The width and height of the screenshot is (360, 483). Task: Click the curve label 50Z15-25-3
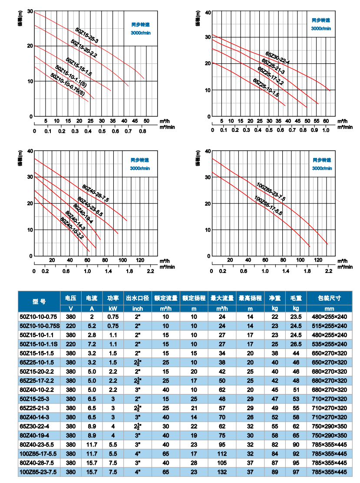(87, 36)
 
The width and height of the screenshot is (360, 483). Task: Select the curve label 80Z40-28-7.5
(96, 193)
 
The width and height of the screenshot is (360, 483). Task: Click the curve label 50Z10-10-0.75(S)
(67, 84)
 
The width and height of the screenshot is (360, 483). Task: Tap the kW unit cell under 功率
(113, 309)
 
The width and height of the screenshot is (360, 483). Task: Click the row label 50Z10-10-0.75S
(39, 325)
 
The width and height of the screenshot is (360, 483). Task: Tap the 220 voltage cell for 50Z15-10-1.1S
(71, 344)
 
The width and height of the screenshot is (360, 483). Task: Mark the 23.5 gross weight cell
(296, 316)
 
